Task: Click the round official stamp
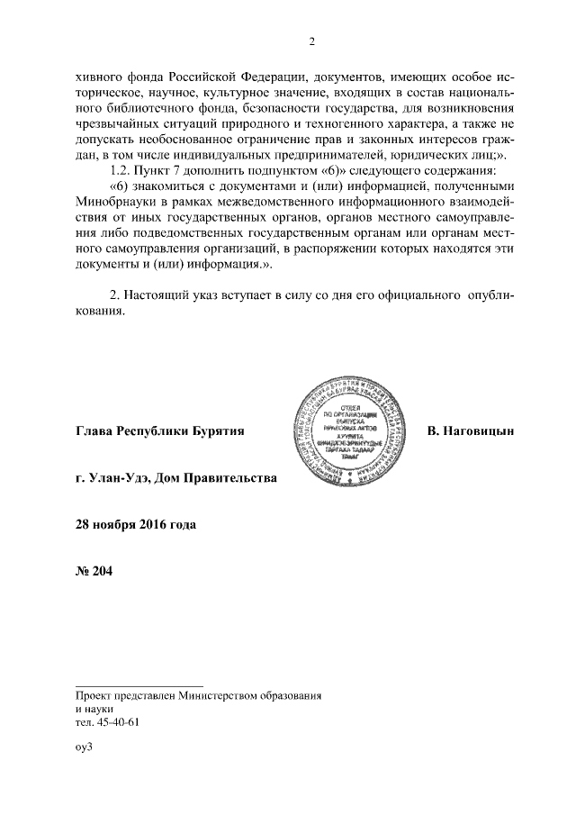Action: click(346, 430)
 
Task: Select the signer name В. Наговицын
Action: click(470, 431)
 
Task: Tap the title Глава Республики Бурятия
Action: click(160, 431)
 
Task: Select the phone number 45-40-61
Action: click(116, 722)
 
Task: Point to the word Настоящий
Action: click(160, 294)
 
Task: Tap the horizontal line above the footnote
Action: click(139, 684)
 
